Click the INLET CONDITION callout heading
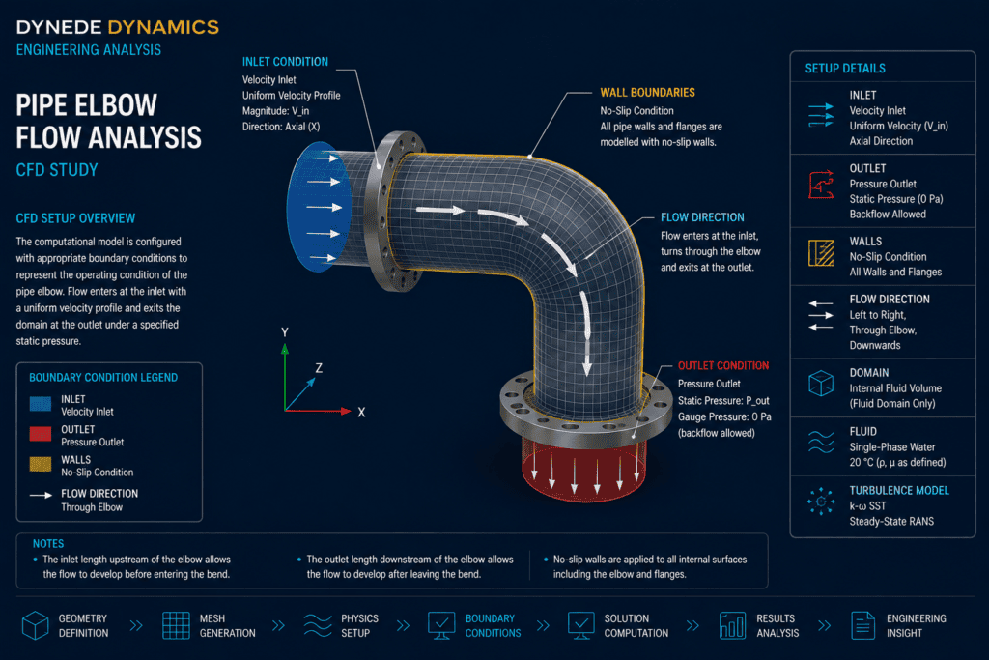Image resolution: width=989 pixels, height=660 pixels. click(285, 62)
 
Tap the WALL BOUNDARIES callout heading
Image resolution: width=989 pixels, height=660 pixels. click(647, 93)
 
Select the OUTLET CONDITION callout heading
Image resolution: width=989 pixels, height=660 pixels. click(722, 366)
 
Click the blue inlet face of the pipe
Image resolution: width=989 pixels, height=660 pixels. click(316, 207)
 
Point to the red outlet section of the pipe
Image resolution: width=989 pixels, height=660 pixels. click(583, 470)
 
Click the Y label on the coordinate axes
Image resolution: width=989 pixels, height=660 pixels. click(285, 332)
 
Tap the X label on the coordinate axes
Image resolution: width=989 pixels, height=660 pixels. click(361, 413)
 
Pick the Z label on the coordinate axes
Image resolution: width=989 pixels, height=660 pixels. click(319, 368)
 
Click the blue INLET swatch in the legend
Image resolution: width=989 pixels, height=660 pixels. click(41, 405)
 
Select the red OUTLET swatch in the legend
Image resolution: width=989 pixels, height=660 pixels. click(41, 434)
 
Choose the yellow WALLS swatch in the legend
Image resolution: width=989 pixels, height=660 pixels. click(41, 465)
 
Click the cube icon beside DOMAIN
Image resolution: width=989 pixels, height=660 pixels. click(821, 383)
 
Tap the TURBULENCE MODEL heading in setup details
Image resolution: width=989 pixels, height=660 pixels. click(899, 491)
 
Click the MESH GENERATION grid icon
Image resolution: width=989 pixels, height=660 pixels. click(176, 625)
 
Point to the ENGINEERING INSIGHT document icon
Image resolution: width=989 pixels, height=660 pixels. click(862, 625)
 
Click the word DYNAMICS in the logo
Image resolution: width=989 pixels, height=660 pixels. click(163, 28)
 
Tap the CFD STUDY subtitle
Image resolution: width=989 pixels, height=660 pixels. click(57, 170)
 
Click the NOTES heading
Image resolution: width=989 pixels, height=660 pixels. click(48, 544)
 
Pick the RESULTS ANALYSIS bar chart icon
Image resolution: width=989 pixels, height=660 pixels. click(732, 625)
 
